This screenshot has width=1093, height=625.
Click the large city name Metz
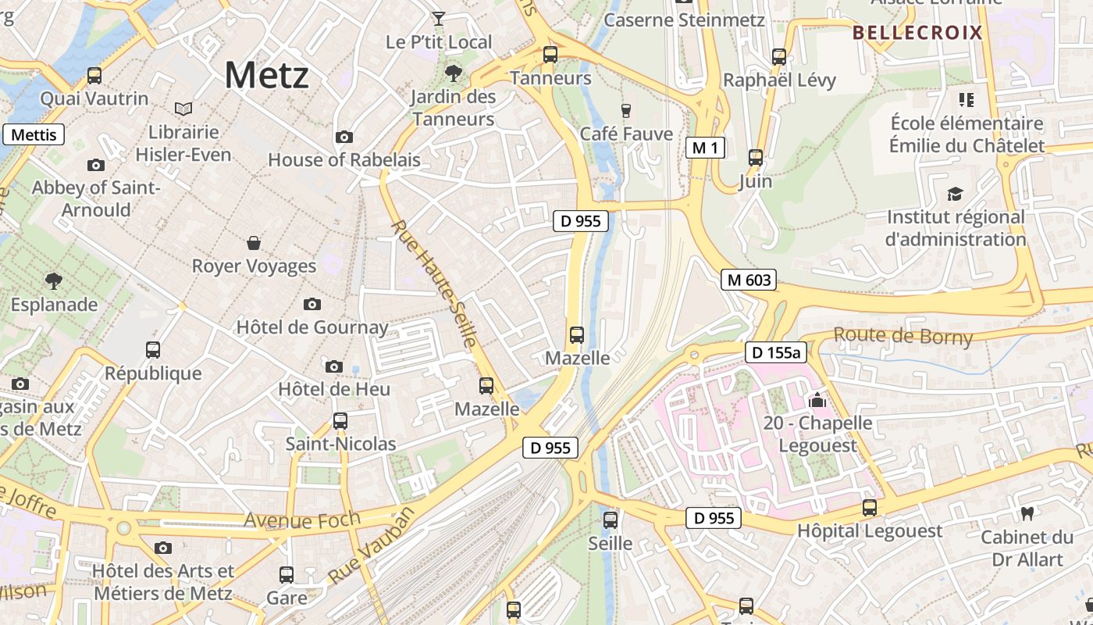click(266, 75)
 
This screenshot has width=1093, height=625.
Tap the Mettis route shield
click(34, 134)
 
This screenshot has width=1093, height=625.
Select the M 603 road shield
click(749, 280)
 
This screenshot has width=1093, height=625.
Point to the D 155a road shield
click(775, 352)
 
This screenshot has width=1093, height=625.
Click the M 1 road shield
click(705, 147)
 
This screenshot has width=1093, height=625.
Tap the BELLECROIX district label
click(917, 33)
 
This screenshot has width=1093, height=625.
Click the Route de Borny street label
click(903, 337)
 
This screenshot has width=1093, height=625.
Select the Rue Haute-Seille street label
click(434, 284)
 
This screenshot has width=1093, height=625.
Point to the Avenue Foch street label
click(302, 520)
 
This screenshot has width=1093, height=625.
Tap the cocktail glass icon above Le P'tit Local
click(439, 18)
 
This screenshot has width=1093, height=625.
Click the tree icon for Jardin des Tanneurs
click(453, 74)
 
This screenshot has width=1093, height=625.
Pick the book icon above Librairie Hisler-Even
click(183, 109)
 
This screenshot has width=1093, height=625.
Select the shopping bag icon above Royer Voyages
click(254, 243)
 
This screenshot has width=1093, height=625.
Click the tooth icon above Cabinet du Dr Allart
click(1027, 513)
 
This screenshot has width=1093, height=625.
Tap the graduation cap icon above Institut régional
click(955, 194)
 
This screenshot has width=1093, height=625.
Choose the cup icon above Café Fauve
click(625, 110)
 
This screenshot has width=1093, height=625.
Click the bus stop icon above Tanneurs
click(550, 55)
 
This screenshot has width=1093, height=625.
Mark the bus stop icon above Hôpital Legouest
click(870, 508)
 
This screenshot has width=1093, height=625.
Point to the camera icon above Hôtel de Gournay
click(312, 304)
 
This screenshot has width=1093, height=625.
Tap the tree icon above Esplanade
click(54, 280)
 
